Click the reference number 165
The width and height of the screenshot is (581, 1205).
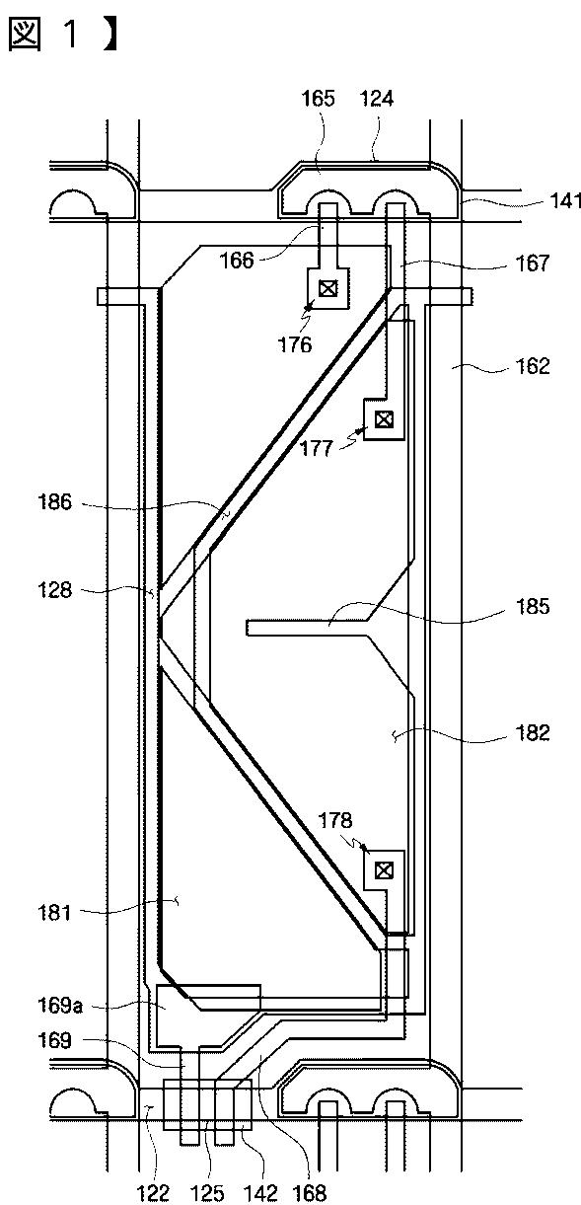point(319,99)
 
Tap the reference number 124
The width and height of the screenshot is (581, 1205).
point(376,99)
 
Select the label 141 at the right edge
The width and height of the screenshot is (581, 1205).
point(565,201)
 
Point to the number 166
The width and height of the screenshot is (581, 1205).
point(237,261)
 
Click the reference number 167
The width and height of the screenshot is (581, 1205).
point(533,264)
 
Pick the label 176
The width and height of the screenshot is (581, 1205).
point(295,344)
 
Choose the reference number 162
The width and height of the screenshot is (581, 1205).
point(533,367)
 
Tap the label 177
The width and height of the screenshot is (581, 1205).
point(317,449)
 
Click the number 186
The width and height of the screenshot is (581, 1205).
point(55,502)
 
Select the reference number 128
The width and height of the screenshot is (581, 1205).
point(55,591)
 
